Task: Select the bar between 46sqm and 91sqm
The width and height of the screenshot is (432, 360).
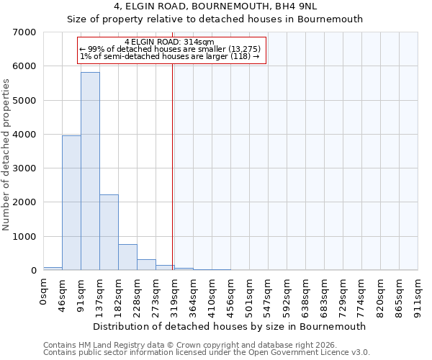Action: [71, 202]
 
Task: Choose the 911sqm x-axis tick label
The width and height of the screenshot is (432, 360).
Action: [418, 296]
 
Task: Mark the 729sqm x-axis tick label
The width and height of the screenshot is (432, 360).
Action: [343, 296]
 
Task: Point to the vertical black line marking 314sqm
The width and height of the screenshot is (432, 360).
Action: [173, 166]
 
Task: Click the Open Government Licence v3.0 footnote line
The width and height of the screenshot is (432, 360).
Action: [207, 353]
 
